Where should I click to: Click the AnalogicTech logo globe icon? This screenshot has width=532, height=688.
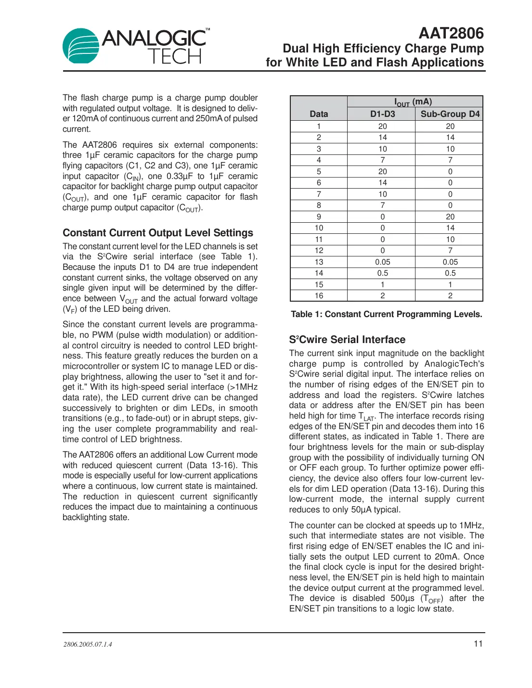pyautogui.click(x=81, y=46)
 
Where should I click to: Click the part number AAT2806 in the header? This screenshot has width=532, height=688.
pyautogui.click(x=451, y=33)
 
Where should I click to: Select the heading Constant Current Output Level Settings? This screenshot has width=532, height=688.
pyautogui.click(x=157, y=233)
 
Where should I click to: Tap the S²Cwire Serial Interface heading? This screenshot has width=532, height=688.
pyautogui.click(x=347, y=340)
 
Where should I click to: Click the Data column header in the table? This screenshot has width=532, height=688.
pyautogui.click(x=319, y=114)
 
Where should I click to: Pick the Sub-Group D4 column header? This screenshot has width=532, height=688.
pyautogui.click(x=450, y=114)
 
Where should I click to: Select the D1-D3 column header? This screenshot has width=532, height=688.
pyautogui.click(x=382, y=114)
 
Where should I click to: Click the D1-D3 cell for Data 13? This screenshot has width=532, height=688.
pyautogui.click(x=382, y=262)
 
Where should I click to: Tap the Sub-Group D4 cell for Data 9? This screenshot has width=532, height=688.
pyautogui.click(x=450, y=217)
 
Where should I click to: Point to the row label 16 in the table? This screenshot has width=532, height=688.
pyautogui.click(x=319, y=296)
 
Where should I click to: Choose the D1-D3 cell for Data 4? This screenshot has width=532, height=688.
pyautogui.click(x=382, y=160)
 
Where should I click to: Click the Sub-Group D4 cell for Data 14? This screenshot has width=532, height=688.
pyautogui.click(x=450, y=273)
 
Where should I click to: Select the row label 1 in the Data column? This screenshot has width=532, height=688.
pyautogui.click(x=319, y=127)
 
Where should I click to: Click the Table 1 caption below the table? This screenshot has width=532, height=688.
pyautogui.click(x=386, y=314)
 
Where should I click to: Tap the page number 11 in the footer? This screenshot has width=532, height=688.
pyautogui.click(x=478, y=644)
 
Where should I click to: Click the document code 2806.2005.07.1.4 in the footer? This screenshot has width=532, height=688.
pyautogui.click(x=88, y=644)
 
